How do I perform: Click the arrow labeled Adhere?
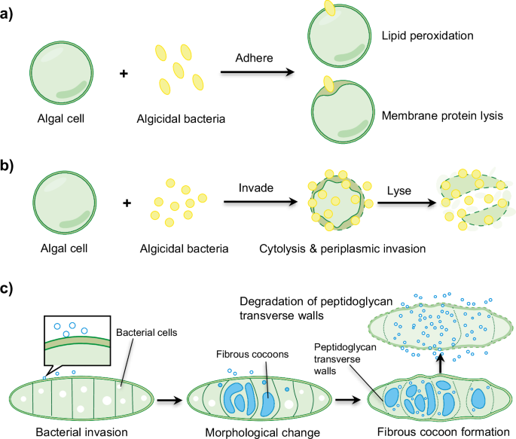[255, 73]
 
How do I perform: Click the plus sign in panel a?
[125, 73]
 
